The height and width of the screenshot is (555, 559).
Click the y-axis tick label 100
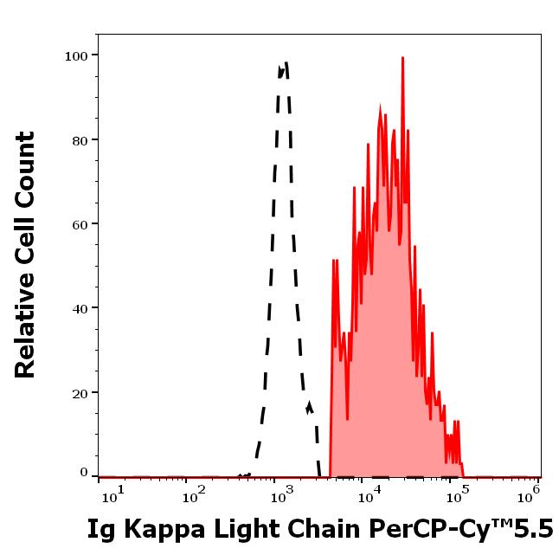tap(76, 55)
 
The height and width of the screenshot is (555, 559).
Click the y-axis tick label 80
tap(80, 139)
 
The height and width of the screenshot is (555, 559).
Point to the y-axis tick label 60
tap(80, 224)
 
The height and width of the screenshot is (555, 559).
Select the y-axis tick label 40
tap(80, 308)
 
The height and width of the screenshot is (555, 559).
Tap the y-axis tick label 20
tap(80, 392)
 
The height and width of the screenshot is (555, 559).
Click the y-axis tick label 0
tap(84, 473)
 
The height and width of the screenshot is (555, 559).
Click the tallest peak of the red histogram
tap(402, 58)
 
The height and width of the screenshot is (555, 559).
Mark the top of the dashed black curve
tap(284, 63)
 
